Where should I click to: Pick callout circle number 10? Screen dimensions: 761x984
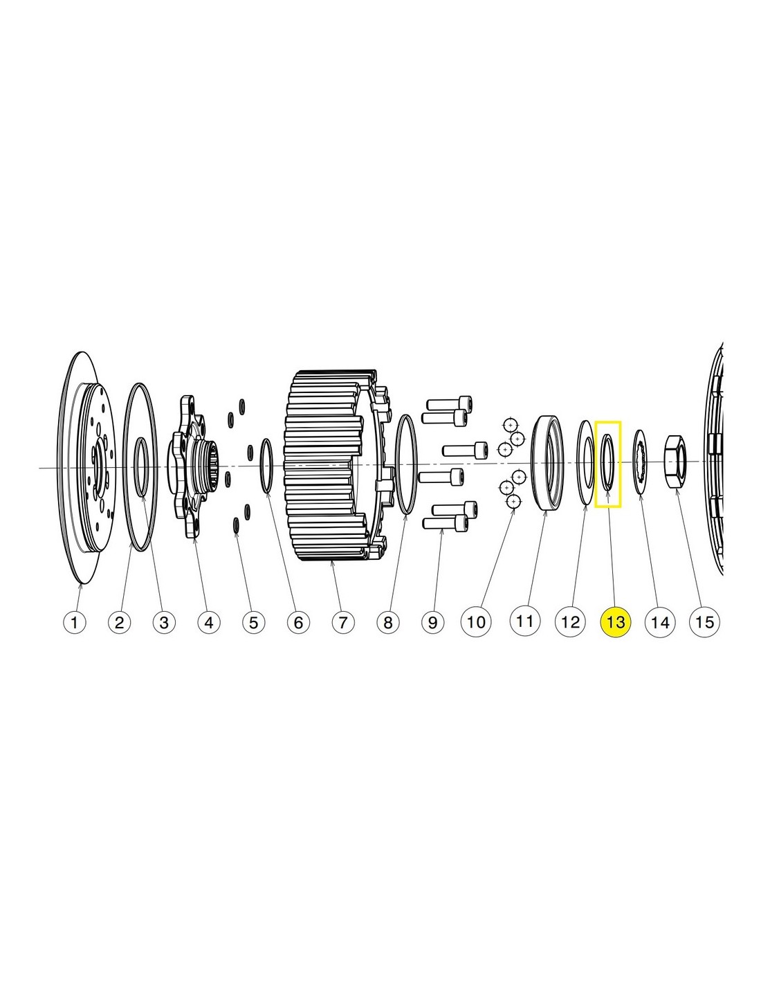point(476,621)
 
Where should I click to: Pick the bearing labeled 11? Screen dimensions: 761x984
point(547,462)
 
